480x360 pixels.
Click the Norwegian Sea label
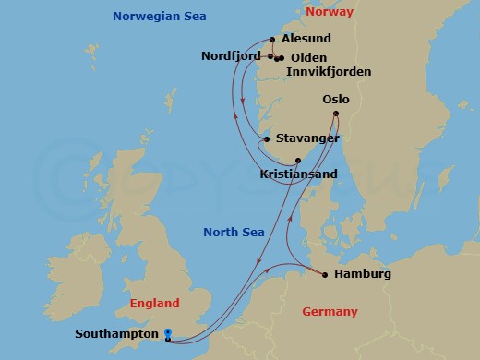tap(159, 17)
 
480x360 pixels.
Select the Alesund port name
tap(306, 40)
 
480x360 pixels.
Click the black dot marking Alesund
tap(273, 39)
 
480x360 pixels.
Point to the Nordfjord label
tap(231, 56)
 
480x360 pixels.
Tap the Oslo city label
tap(336, 100)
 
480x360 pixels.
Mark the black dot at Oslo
tap(336, 114)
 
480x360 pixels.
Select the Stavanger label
tap(305, 139)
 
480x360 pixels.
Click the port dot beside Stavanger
tap(267, 139)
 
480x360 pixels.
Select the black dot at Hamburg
tap(324, 274)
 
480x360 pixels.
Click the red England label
tap(154, 303)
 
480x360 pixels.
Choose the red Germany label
tap(330, 312)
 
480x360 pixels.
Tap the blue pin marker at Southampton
tap(168, 334)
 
